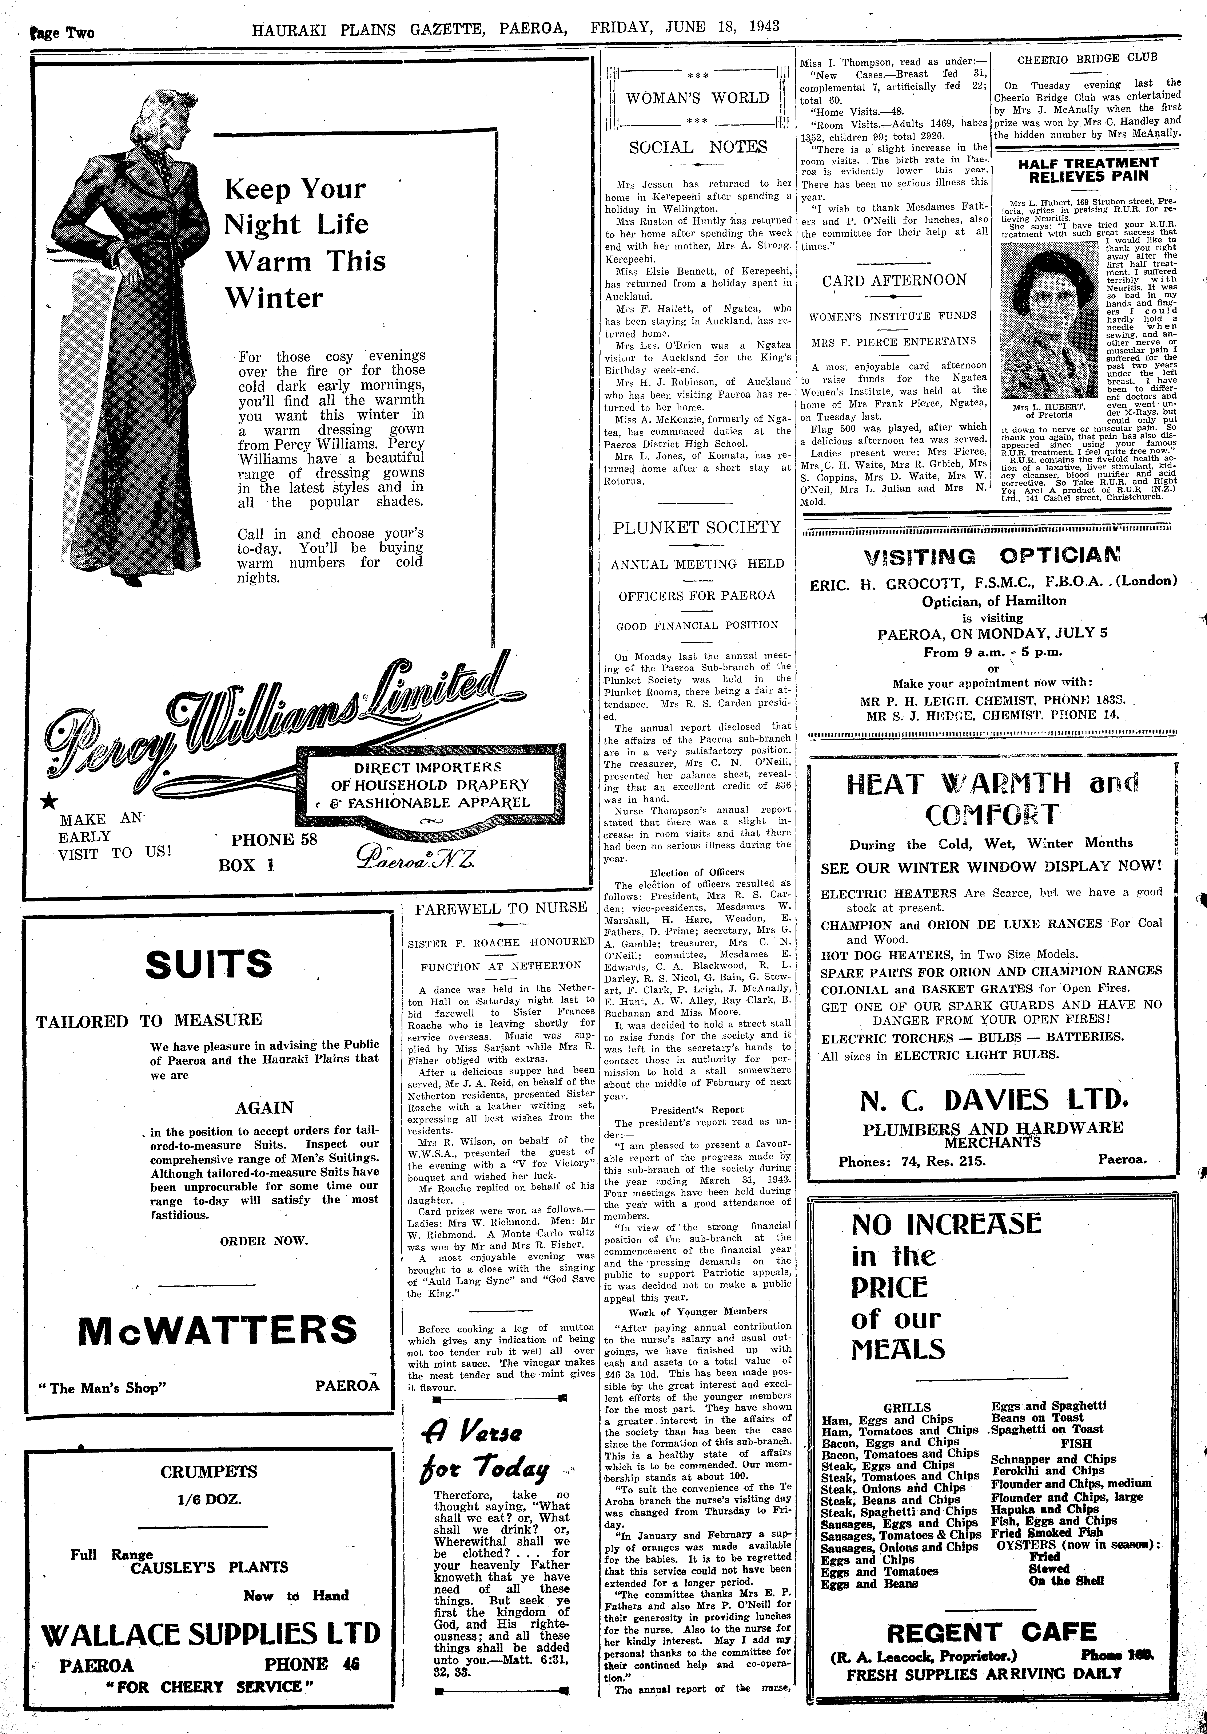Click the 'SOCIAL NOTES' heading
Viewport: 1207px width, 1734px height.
point(697,147)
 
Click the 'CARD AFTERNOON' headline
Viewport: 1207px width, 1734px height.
point(894,280)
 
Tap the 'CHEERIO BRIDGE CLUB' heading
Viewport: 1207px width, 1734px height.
point(1087,57)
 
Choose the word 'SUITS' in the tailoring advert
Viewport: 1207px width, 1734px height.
point(208,964)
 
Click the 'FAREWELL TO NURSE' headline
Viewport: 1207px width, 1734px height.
point(501,908)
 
